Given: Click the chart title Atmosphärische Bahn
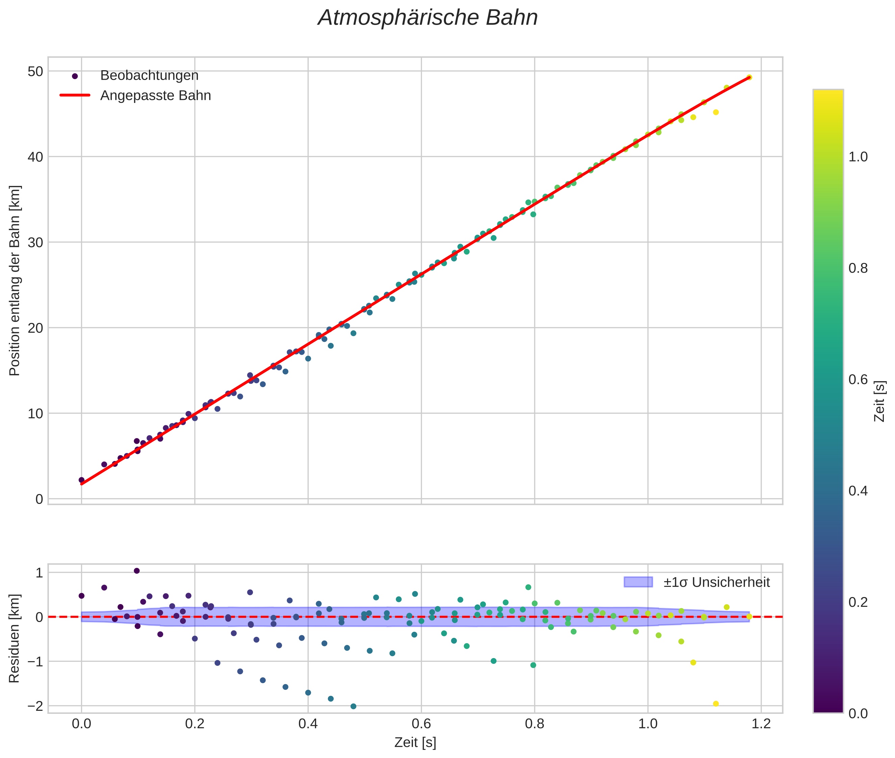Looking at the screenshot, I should (x=428, y=18).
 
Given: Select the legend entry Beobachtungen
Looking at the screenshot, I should (x=149, y=76).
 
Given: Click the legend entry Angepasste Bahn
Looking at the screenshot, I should (x=155, y=96).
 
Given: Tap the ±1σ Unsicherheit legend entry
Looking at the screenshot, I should (x=716, y=582).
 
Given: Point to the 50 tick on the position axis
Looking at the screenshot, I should (x=35, y=71).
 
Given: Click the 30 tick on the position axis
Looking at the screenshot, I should (x=35, y=242).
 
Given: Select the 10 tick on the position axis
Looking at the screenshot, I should (x=35, y=413).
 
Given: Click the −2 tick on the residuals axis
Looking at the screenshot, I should (x=34, y=706).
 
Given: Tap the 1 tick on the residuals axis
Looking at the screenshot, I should (x=39, y=573).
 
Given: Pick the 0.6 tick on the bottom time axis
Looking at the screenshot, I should (x=421, y=724).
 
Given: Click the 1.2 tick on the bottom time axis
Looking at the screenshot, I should (x=761, y=724).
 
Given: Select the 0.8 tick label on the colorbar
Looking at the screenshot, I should (x=858, y=268).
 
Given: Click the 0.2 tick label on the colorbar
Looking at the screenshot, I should (x=858, y=602).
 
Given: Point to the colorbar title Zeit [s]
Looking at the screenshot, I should (x=880, y=401).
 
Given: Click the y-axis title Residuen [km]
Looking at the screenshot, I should (x=14, y=638).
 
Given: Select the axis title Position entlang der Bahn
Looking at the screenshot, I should (x=14, y=280).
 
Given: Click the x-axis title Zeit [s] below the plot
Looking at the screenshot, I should (x=415, y=742).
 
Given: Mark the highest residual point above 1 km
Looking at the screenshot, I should (x=137, y=571).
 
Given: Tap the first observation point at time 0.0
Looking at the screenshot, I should (x=81, y=480).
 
